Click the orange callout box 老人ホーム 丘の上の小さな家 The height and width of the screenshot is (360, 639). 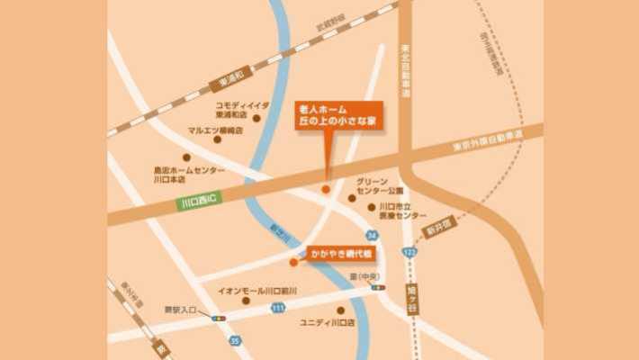click(337, 115)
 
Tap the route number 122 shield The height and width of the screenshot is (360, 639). click(410, 255)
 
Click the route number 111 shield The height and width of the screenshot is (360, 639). click(278, 308)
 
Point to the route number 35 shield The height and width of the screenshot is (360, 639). click(235, 340)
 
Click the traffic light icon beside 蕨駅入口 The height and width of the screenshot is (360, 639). click(219, 318)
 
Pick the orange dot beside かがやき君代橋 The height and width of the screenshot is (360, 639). click(293, 263)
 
